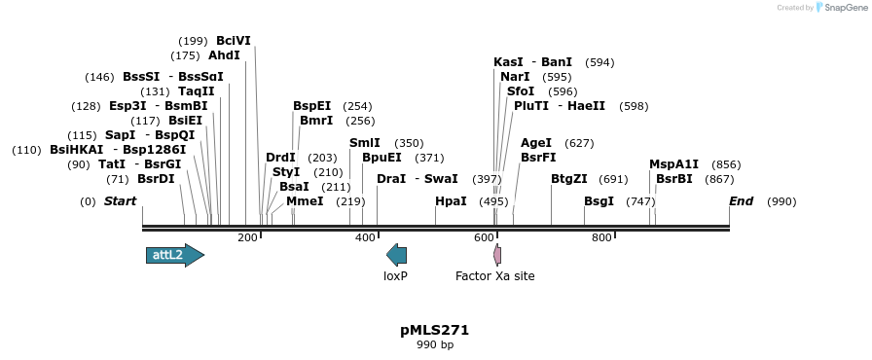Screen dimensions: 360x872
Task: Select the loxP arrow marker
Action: point(396,255)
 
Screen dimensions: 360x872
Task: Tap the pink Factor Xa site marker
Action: point(497,255)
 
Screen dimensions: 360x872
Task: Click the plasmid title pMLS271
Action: point(435,330)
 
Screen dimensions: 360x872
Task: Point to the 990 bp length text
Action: point(435,344)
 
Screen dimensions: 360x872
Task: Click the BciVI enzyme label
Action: point(234,41)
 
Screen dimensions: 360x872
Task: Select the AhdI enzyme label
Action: point(224,55)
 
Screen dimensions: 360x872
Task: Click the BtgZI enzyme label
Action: point(569,179)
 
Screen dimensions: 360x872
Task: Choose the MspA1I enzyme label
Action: point(674,164)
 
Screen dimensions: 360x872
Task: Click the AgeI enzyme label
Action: point(536,143)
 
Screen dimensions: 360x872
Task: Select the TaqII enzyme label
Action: point(196,91)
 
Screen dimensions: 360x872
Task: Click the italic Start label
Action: point(120,201)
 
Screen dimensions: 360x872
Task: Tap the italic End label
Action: point(741,201)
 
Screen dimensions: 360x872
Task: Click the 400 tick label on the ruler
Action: point(366,237)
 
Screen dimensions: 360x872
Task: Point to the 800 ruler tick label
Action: point(601,237)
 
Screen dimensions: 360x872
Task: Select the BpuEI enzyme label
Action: point(381,158)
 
